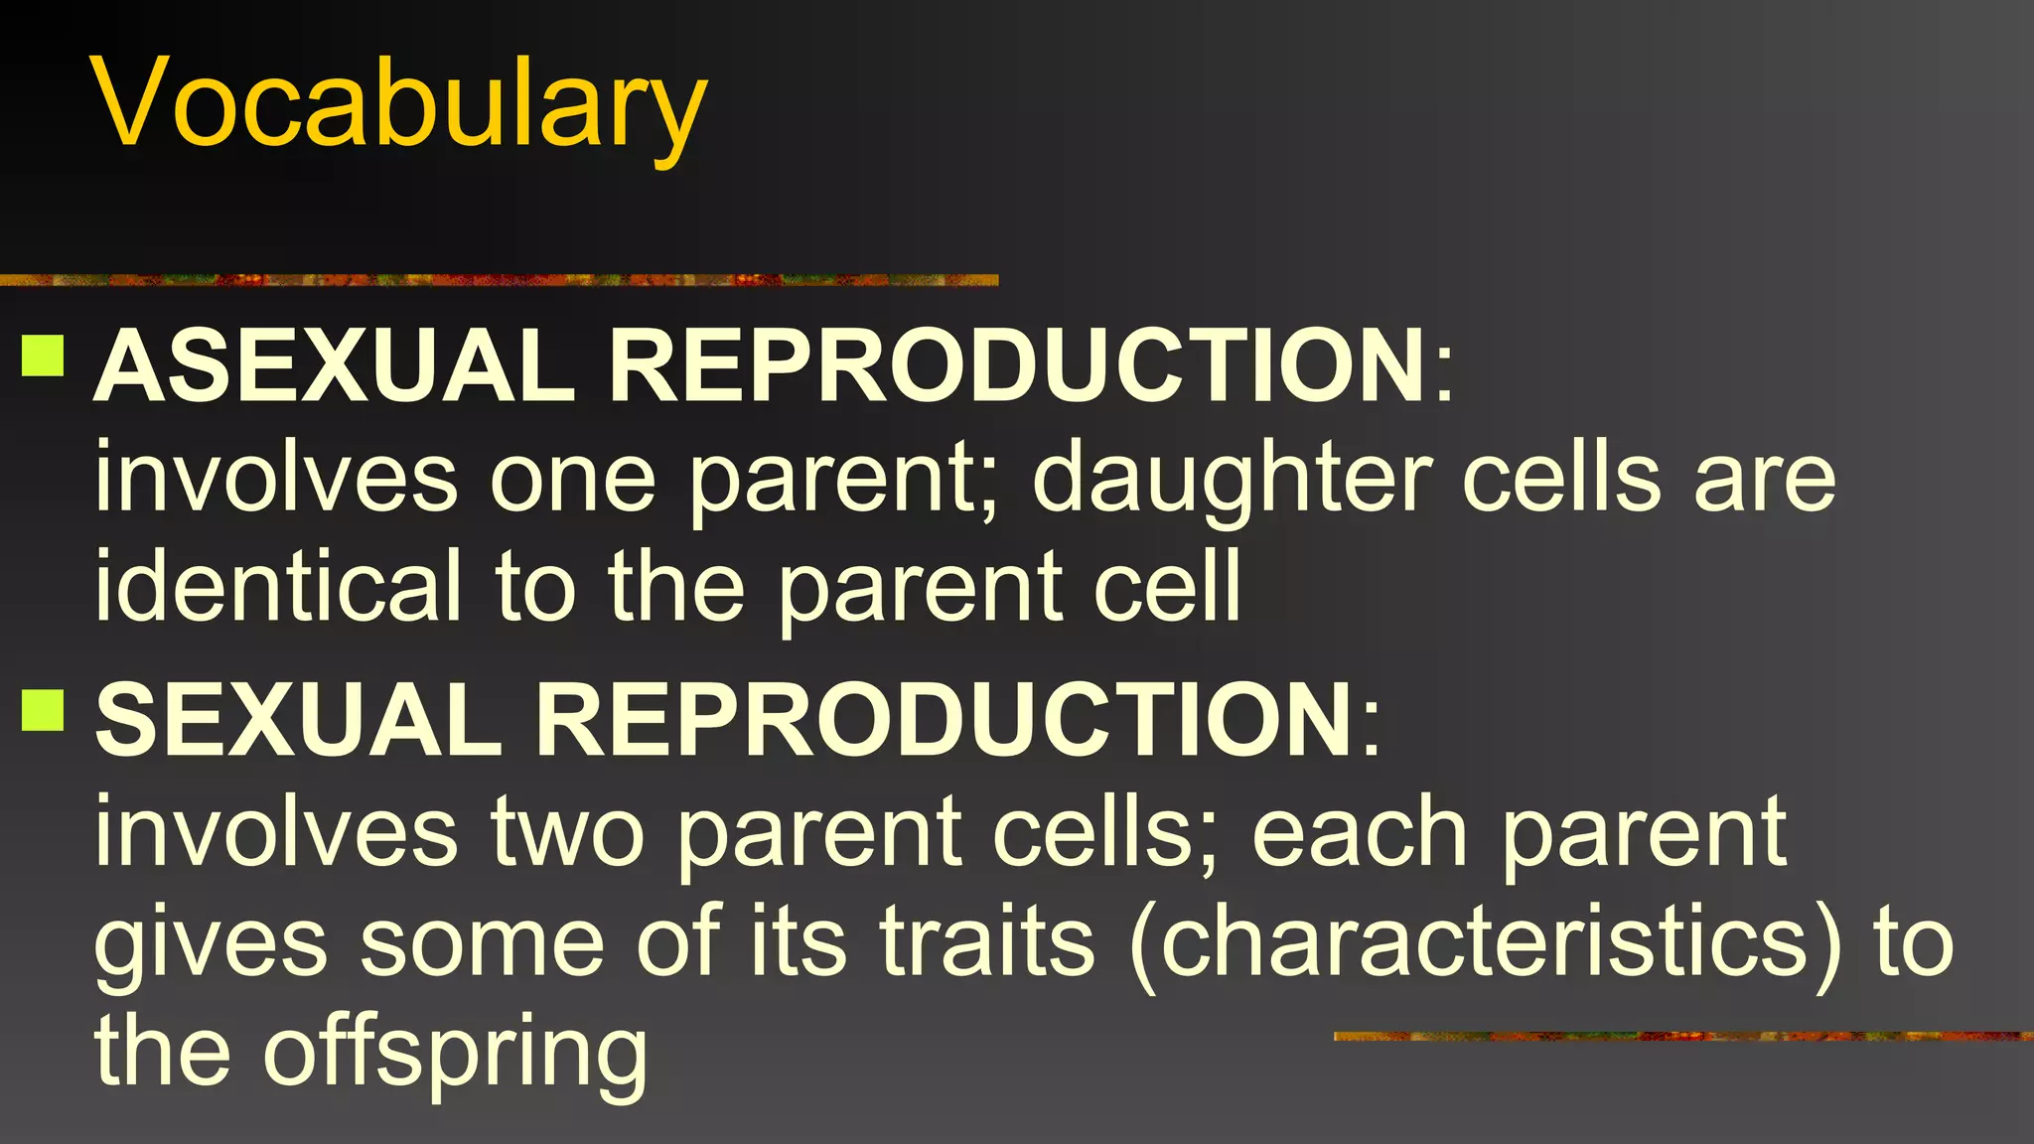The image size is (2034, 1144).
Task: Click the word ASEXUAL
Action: click(333, 366)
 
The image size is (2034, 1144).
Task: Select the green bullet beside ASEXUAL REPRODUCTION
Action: click(43, 355)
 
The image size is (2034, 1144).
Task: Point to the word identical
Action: click(278, 587)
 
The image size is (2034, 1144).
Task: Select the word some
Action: click(482, 943)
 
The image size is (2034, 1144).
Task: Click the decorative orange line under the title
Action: click(497, 280)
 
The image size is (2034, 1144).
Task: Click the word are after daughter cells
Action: click(1764, 482)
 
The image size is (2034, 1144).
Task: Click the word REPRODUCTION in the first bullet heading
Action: click(1017, 366)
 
